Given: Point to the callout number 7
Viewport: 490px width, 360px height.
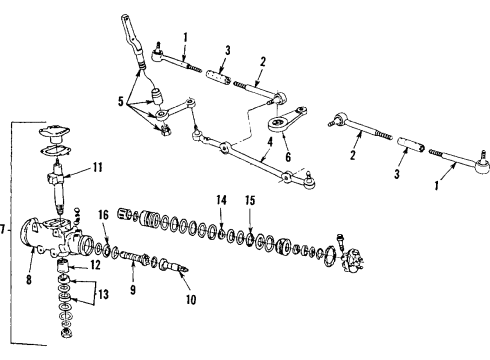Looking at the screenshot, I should tap(5, 232).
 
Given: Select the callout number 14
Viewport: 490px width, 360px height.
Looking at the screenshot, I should tap(222, 200).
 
